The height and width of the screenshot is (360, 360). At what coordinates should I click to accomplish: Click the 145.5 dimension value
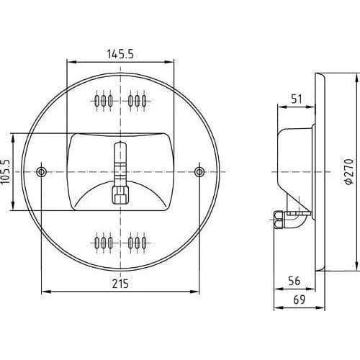[x=120, y=54]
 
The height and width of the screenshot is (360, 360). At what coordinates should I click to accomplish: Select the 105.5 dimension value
[x=6, y=172]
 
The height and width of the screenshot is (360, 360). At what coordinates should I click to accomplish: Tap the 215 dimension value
[x=120, y=284]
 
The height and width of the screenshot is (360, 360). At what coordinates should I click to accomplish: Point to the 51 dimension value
[x=297, y=99]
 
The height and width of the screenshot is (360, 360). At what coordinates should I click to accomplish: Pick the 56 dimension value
[x=294, y=281]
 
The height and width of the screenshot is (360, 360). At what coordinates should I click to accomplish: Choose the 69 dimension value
[x=300, y=300]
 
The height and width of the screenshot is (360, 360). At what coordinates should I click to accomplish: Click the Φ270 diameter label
[x=349, y=171]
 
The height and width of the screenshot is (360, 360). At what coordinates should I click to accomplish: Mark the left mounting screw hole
[x=42, y=172]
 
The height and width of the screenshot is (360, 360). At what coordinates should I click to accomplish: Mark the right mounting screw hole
[x=199, y=172]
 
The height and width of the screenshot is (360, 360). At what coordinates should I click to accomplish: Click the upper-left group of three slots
[x=104, y=101]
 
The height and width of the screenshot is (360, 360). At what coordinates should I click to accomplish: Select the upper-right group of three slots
[x=137, y=101]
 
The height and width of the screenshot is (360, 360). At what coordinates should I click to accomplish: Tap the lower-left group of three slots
[x=104, y=243]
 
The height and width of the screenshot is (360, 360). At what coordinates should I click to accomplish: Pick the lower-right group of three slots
[x=137, y=243]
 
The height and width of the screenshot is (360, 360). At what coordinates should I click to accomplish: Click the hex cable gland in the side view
[x=279, y=220]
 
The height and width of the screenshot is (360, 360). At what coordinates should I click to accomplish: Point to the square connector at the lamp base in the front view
[x=120, y=195]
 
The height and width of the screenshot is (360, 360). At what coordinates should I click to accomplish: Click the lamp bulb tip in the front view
[x=120, y=143]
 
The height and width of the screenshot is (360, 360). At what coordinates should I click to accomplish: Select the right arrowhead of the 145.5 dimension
[x=168, y=62]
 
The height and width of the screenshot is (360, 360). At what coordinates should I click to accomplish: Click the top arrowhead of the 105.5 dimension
[x=13, y=138]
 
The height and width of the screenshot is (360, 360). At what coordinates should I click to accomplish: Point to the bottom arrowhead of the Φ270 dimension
[x=356, y=266]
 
